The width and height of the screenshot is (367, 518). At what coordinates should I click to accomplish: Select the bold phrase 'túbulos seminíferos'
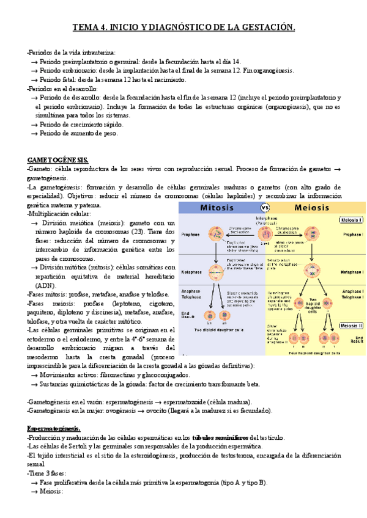pos(220,438)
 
